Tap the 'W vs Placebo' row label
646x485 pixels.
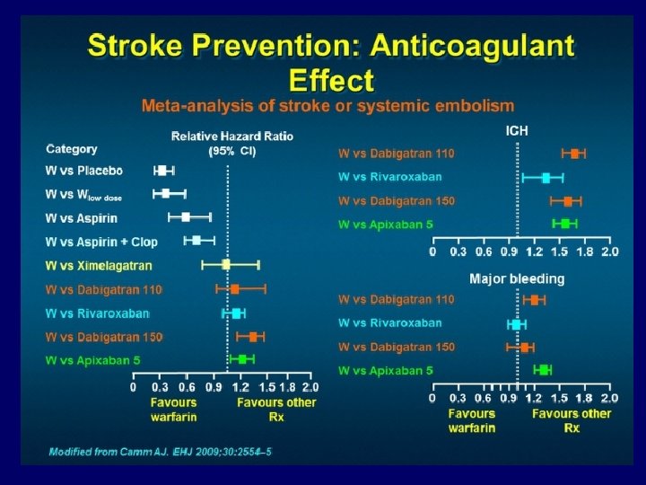pyautogui.click(x=84, y=171)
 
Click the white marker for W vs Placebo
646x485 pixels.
pyautogui.click(x=161, y=170)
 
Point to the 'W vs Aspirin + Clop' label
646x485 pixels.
pyautogui.click(x=103, y=241)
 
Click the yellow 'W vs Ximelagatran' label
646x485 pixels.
pyautogui.click(x=99, y=265)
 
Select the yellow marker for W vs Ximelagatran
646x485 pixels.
pyautogui.click(x=226, y=264)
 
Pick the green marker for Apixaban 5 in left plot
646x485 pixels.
pyautogui.click(x=241, y=359)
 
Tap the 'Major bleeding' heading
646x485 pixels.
pyautogui.click(x=517, y=279)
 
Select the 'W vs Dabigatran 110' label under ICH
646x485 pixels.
pyautogui.click(x=397, y=154)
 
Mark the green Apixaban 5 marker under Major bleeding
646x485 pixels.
pyautogui.click(x=543, y=369)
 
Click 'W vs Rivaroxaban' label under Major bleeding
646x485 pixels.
pyautogui.click(x=389, y=322)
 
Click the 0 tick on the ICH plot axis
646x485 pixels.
pyautogui.click(x=432, y=251)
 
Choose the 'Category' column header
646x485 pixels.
pyautogui.click(x=72, y=149)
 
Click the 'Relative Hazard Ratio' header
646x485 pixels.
pyautogui.click(x=232, y=137)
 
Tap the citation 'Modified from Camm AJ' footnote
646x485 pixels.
pyautogui.click(x=160, y=450)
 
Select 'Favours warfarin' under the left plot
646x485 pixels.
pyautogui.click(x=173, y=410)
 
